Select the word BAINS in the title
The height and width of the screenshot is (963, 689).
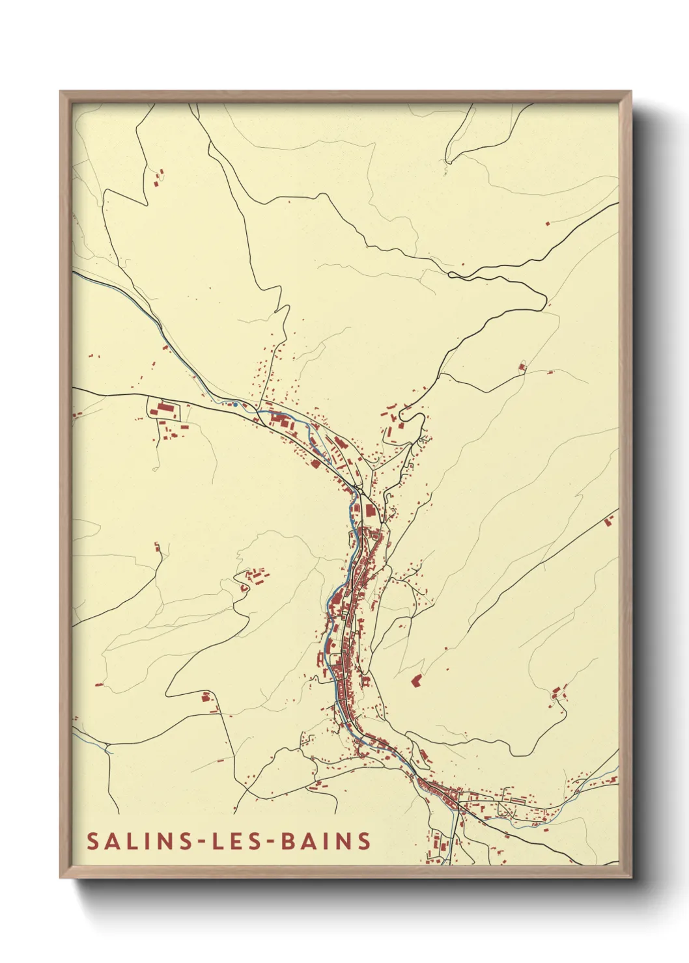point(326,841)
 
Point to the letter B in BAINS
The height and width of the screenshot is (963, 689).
point(287,841)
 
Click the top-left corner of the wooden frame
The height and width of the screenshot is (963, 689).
point(61,92)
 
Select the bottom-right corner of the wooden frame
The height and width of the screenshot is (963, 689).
point(630,876)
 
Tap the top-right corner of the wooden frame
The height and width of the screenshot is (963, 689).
point(630,92)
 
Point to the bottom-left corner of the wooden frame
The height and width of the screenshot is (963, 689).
point(61,876)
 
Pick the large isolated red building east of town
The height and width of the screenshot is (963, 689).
point(416,681)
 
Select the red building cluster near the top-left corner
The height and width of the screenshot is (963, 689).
point(158,176)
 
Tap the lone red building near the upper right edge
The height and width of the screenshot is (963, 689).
point(547,223)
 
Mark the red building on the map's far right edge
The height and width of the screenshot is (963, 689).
point(610,521)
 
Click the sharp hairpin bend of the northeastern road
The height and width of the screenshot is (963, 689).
point(544,299)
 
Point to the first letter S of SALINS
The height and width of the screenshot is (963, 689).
point(93,841)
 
